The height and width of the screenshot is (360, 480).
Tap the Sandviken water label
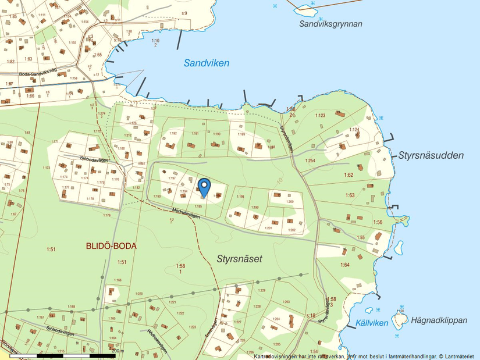207,63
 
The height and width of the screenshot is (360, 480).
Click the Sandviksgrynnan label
330,24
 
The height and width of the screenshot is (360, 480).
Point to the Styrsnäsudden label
431,155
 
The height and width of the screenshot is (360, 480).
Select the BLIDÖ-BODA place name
111,246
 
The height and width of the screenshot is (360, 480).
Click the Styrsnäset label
239,259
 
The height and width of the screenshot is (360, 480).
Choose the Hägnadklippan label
439,320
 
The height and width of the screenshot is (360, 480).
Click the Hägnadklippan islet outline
399,319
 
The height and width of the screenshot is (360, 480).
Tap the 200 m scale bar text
118,351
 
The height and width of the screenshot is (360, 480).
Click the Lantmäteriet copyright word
460,356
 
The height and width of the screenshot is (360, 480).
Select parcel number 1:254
310,161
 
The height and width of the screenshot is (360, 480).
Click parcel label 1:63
349,195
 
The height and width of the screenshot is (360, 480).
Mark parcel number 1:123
320,115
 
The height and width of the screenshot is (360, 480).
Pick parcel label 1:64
345,265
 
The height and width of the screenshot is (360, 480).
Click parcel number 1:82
10,61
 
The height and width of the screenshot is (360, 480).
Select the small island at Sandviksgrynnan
304,9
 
